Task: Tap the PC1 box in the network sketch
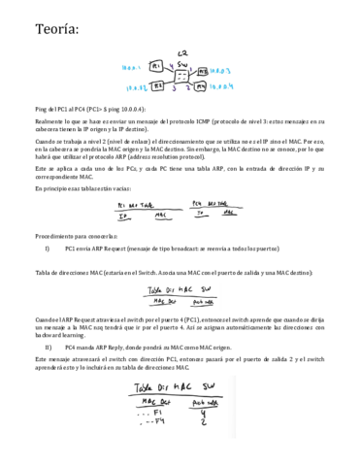(x=156, y=66)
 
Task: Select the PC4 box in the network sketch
(x=201, y=86)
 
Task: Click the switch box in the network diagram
(x=180, y=72)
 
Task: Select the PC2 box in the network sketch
(x=155, y=85)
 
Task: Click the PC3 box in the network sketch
(x=202, y=71)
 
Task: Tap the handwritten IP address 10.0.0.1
(x=131, y=69)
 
